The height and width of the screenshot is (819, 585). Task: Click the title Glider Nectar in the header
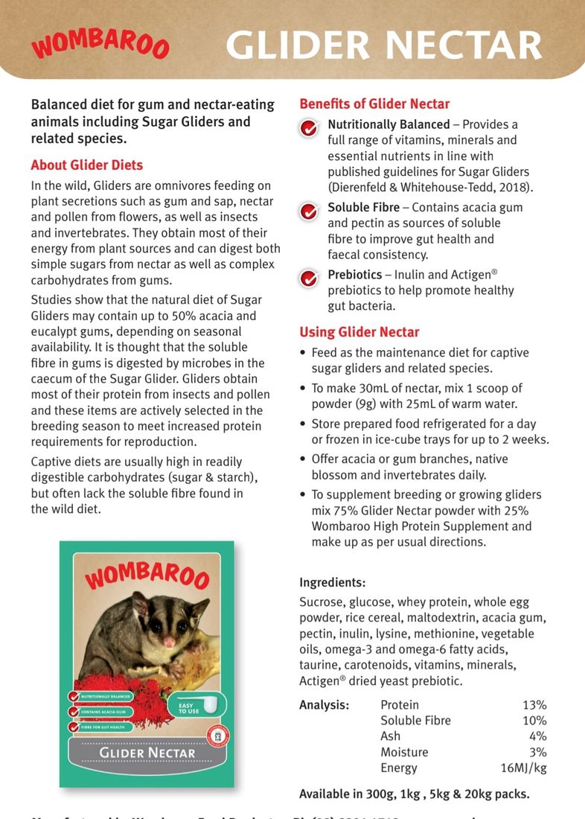(383, 45)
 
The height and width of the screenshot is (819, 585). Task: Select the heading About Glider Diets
(87, 165)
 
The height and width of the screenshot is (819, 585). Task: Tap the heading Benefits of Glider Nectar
(374, 104)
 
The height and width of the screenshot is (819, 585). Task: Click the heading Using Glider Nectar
(359, 332)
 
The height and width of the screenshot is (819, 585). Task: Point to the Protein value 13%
(534, 705)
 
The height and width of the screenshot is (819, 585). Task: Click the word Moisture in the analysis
(401, 752)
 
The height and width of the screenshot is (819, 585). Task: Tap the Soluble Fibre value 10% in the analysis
(534, 721)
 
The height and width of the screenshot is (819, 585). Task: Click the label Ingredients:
(333, 582)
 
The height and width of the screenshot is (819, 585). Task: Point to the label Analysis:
(325, 705)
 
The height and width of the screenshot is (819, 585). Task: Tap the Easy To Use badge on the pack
(190, 708)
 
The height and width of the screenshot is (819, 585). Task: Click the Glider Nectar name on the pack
(147, 752)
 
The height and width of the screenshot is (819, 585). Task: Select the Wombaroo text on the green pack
(147, 574)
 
